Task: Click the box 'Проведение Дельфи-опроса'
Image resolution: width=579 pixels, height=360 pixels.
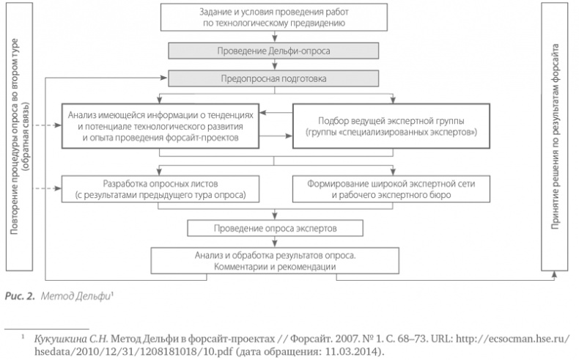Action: click(x=274, y=51)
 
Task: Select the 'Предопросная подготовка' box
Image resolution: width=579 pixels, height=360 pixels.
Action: click(x=274, y=77)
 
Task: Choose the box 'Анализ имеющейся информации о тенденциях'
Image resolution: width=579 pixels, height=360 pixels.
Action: click(x=161, y=126)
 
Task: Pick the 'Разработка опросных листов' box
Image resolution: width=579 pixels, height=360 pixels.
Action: click(x=161, y=188)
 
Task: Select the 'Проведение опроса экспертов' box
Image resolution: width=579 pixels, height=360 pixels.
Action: click(x=274, y=228)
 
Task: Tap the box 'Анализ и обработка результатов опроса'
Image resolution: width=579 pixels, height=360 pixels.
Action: click(x=274, y=260)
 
